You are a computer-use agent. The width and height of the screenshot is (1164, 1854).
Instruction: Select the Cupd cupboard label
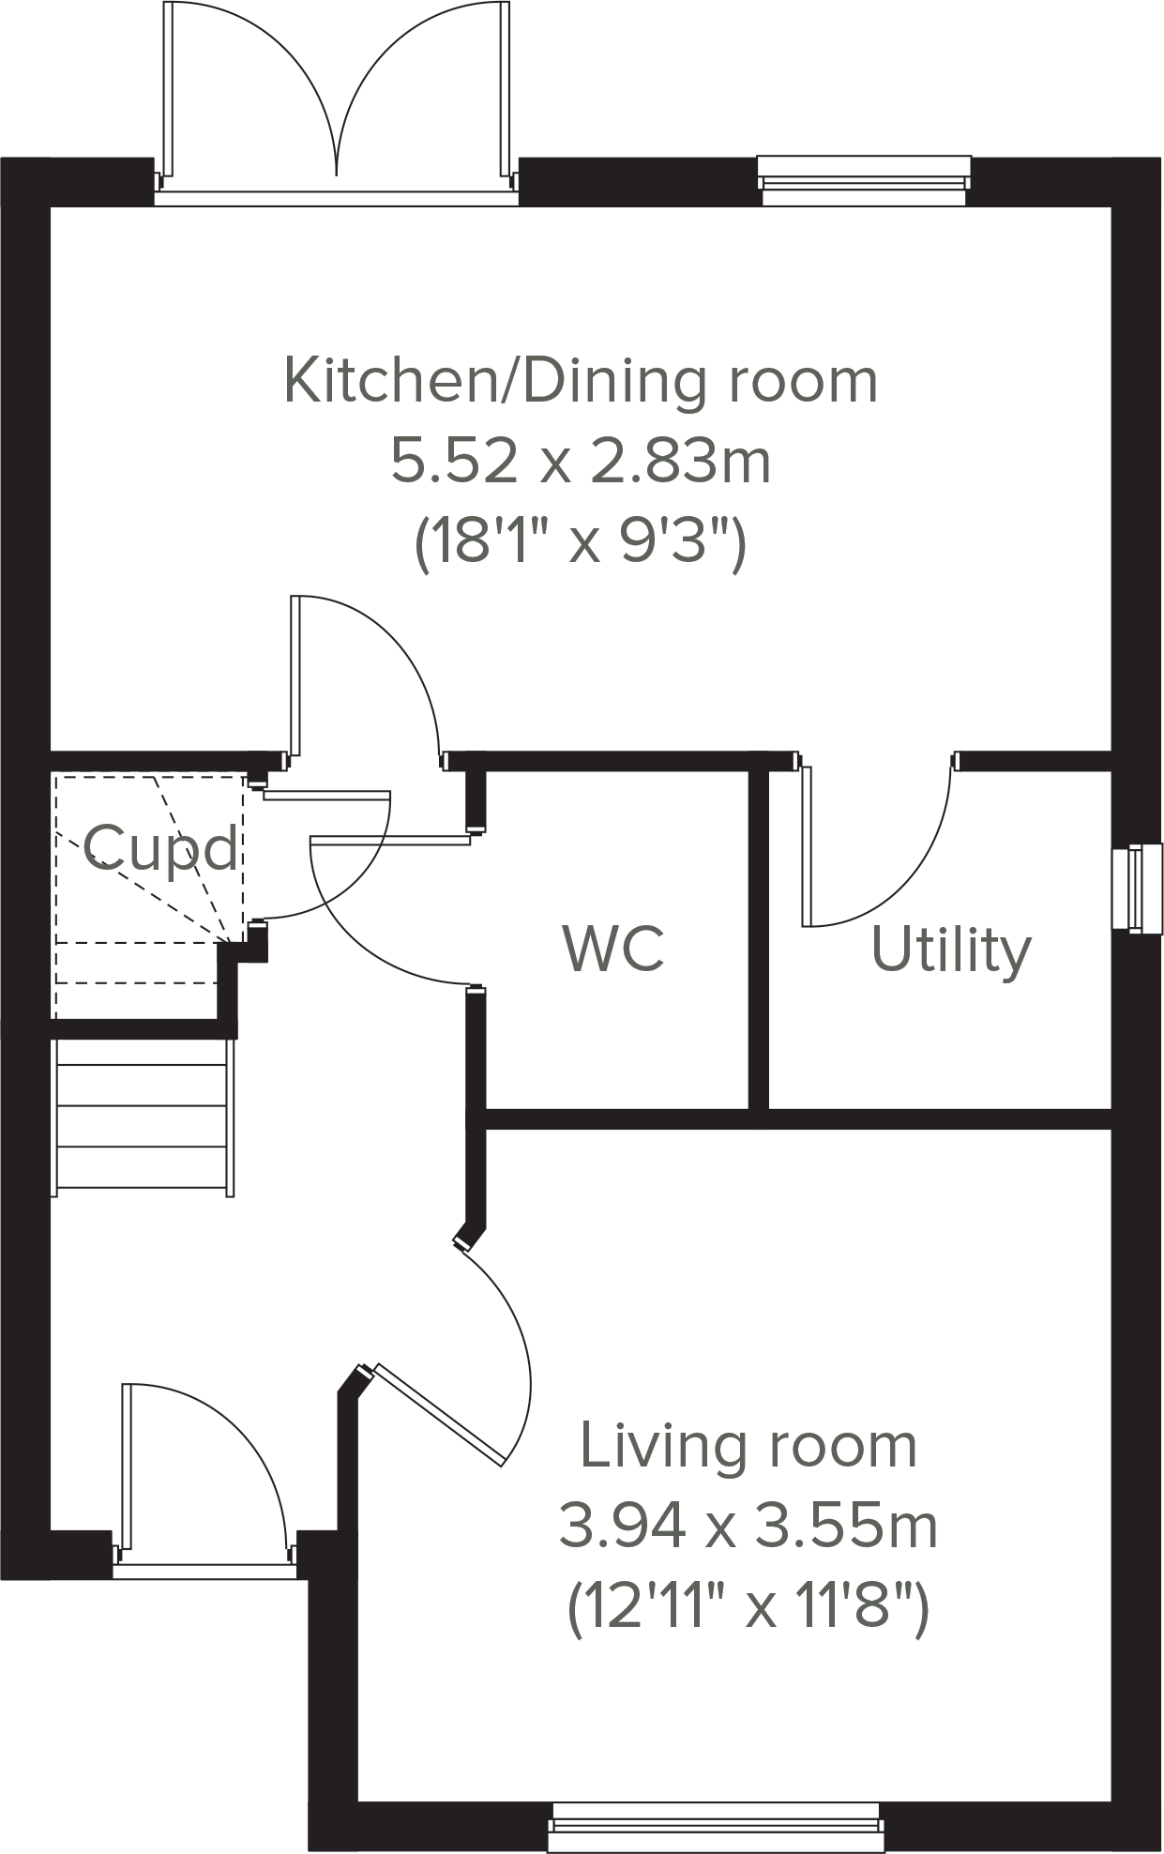pos(161,849)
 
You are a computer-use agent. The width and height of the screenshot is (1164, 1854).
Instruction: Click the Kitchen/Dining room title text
pos(581,381)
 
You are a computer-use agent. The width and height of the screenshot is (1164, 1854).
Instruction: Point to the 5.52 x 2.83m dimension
pos(581,462)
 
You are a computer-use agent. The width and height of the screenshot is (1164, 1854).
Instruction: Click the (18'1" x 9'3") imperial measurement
pos(581,541)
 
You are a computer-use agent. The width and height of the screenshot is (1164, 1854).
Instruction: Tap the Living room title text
pos(748,1446)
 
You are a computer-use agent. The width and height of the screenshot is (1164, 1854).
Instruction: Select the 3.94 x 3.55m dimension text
pos(748,1527)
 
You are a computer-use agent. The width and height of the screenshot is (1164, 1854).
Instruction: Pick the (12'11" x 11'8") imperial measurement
pos(748,1606)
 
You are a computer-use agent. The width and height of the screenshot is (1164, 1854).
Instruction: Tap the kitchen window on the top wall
pos(863,180)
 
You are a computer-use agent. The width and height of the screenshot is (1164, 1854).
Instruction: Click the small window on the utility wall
pos(1131,888)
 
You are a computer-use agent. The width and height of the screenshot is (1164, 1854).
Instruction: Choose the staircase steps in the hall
pos(143,1117)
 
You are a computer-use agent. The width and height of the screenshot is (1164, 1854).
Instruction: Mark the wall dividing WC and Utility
pos(759,938)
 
